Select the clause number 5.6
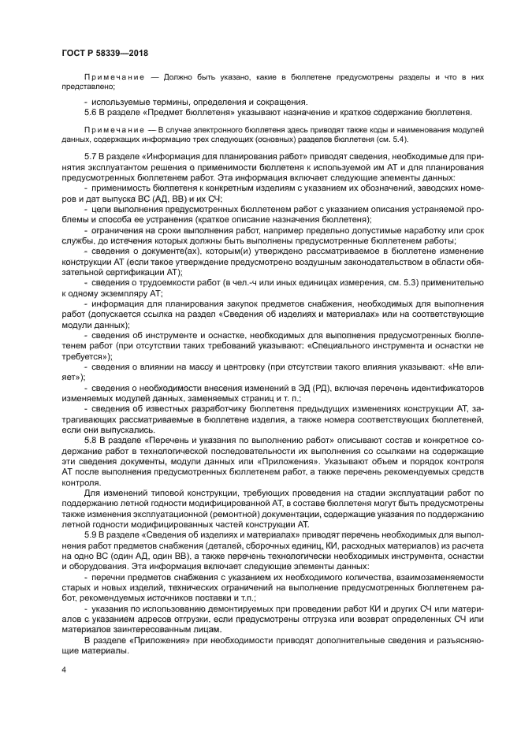click(90, 113)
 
